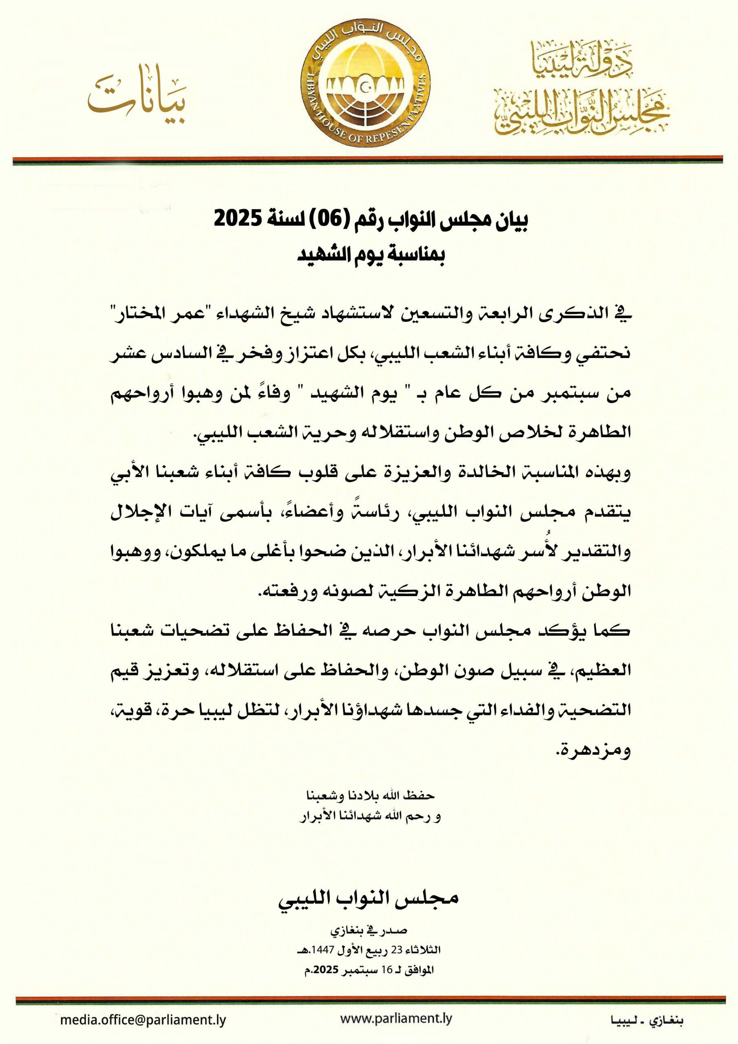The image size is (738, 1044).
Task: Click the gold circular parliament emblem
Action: point(365,83)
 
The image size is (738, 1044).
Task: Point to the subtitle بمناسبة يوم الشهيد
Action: point(371,255)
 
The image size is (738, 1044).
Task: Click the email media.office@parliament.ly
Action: point(143,1020)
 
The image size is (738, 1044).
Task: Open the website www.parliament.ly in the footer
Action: point(396,1019)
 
